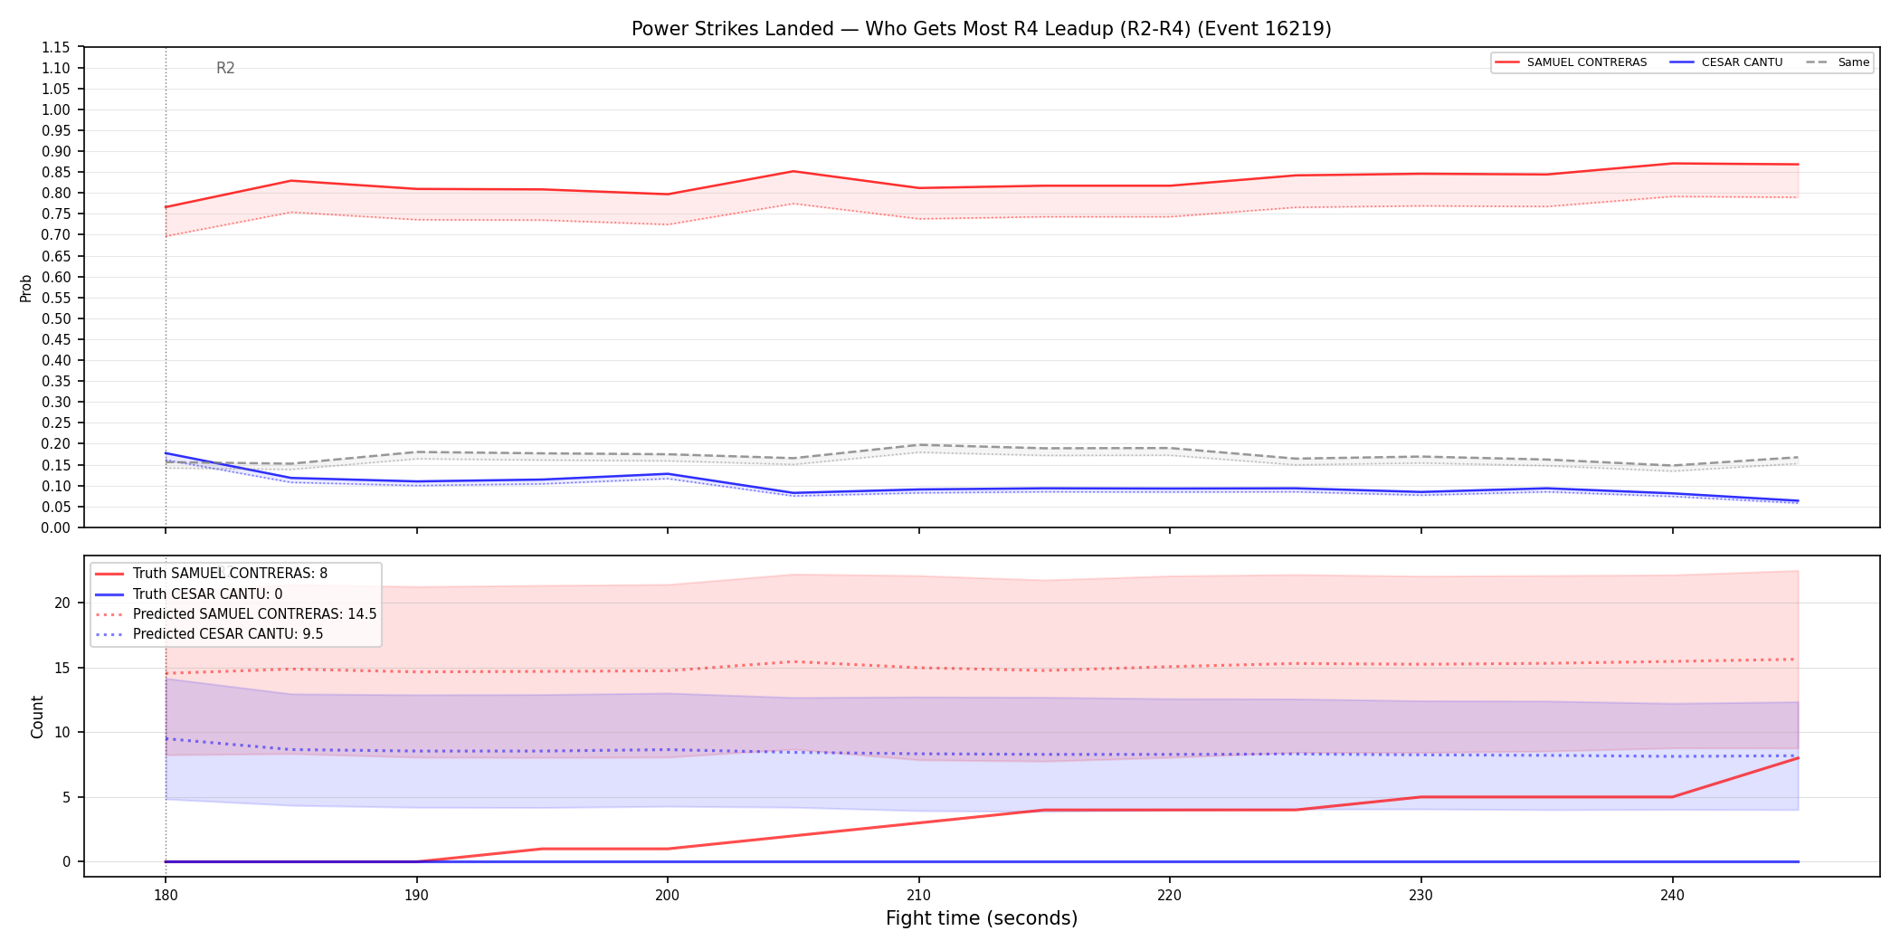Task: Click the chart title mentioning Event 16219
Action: pyautogui.click(x=982, y=29)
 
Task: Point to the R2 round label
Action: pyautogui.click(x=225, y=68)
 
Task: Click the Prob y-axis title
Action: pyautogui.click(x=26, y=288)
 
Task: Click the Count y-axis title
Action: pyautogui.click(x=37, y=717)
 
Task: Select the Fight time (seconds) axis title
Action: pyautogui.click(x=982, y=918)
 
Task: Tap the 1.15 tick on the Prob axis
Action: pyautogui.click(x=56, y=47)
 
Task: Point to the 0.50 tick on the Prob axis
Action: pyautogui.click(x=56, y=318)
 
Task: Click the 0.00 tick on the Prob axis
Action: pyautogui.click(x=56, y=527)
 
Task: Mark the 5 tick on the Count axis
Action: pyautogui.click(x=66, y=797)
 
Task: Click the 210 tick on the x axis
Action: pyautogui.click(x=918, y=896)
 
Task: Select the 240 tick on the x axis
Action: pyautogui.click(x=1672, y=896)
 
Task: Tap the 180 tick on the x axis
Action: pyautogui.click(x=165, y=896)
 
